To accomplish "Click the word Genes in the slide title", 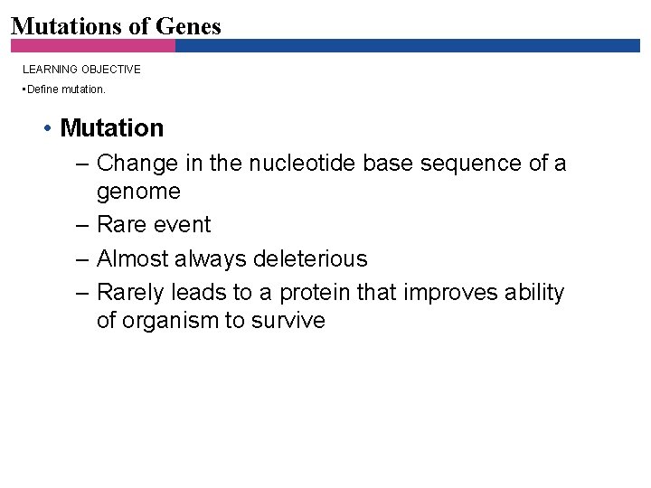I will pos(187,26).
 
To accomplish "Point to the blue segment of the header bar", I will pos(407,45).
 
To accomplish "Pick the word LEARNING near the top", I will pos(48,69).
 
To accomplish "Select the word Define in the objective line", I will pos(43,89).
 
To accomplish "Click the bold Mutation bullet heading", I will pos(111,128).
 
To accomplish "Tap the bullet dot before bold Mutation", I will pos(46,128).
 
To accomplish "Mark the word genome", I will pos(138,192).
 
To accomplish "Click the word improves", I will pos(444,293).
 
